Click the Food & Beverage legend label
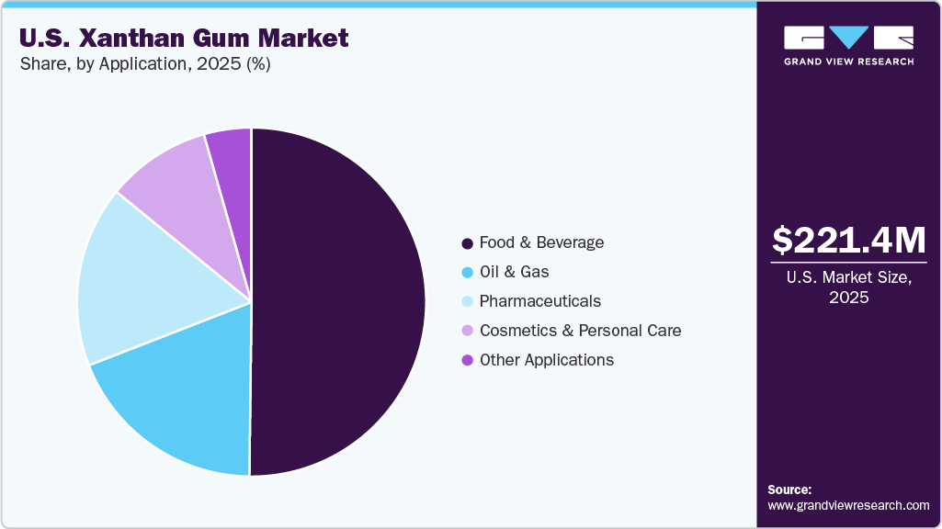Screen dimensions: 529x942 pyautogui.click(x=541, y=242)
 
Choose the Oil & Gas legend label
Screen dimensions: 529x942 pyautogui.click(x=514, y=272)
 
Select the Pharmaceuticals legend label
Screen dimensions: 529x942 pyautogui.click(x=539, y=301)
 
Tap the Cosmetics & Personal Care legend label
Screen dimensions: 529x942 pyautogui.click(x=580, y=331)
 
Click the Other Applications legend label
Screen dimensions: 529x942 pyautogui.click(x=546, y=360)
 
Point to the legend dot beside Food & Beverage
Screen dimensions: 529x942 pyautogui.click(x=467, y=243)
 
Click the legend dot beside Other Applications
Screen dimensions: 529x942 pyautogui.click(x=467, y=360)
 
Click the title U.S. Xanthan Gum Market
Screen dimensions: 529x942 pyautogui.click(x=184, y=39)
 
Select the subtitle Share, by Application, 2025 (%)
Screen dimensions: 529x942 pyautogui.click(x=143, y=64)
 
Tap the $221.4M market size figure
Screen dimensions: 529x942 pyautogui.click(x=848, y=240)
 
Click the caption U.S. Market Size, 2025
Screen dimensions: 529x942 pyautogui.click(x=848, y=287)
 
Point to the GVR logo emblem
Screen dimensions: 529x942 pyautogui.click(x=848, y=37)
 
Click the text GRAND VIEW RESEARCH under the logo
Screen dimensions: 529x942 pyautogui.click(x=848, y=62)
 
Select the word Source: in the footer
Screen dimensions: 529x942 pyautogui.click(x=789, y=490)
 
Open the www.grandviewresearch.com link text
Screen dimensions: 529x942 pyautogui.click(x=848, y=505)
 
